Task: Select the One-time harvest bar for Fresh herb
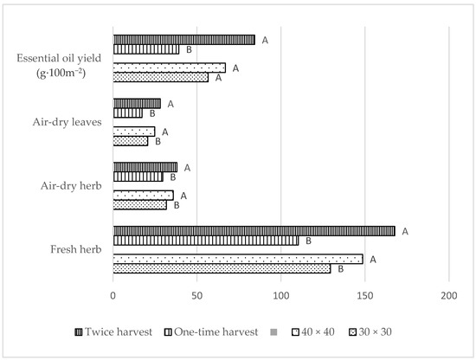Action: click(205, 241)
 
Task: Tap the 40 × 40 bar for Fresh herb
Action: click(237, 259)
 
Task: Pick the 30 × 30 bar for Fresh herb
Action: click(222, 268)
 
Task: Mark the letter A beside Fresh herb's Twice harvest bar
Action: click(404, 231)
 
